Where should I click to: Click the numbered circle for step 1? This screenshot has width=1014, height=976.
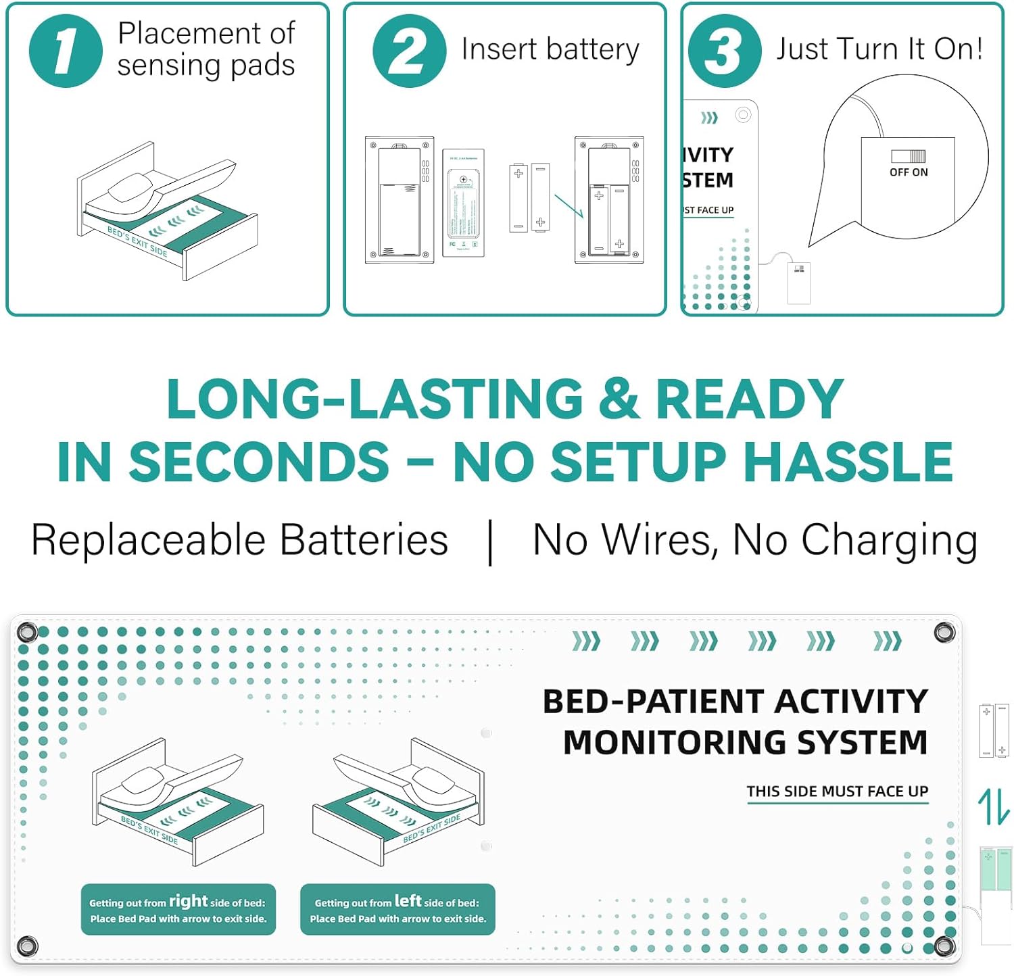point(66,51)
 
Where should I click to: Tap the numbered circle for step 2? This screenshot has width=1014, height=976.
point(409,51)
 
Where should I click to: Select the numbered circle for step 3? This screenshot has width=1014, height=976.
point(725,51)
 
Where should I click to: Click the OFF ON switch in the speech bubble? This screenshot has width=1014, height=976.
point(908,156)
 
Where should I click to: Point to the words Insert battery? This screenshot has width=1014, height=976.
point(550,49)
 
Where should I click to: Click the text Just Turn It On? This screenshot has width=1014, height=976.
point(879,49)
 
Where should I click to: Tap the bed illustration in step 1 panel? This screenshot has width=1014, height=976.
point(167,210)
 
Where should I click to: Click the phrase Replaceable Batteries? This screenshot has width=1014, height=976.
point(239,540)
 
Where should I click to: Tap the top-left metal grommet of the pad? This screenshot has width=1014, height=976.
point(27,633)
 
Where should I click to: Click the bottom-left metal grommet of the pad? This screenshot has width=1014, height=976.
point(27,945)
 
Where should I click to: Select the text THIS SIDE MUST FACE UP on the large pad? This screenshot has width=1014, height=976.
point(837,791)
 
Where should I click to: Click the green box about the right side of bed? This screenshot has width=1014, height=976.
point(178,910)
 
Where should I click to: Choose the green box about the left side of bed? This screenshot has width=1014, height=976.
point(397,910)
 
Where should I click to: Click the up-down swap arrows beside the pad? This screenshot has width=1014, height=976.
point(994,807)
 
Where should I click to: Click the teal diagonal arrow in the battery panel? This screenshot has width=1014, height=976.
point(569,205)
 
